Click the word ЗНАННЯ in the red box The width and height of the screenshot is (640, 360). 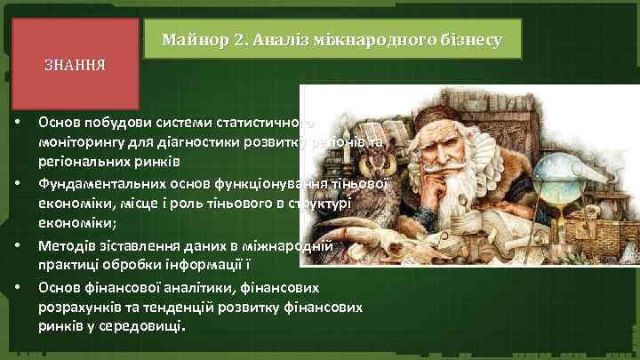pyautogui.click(x=76, y=65)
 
